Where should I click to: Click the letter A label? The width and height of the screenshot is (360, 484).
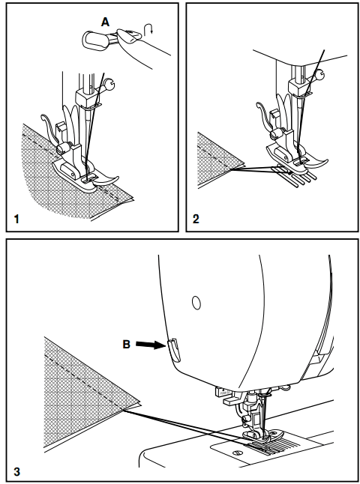pyautogui.click(x=105, y=22)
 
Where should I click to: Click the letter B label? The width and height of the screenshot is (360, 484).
pyautogui.click(x=127, y=344)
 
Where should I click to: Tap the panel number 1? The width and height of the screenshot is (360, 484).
pyautogui.click(x=16, y=220)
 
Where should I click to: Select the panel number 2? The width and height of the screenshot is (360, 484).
pyautogui.click(x=196, y=220)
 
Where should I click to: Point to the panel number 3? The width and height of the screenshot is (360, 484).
pyautogui.click(x=16, y=472)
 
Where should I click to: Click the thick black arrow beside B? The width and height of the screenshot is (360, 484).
pyautogui.click(x=150, y=345)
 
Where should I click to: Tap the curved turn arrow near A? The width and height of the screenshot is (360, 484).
pyautogui.click(x=148, y=30)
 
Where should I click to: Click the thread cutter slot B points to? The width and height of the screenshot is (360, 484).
pyautogui.click(x=175, y=350)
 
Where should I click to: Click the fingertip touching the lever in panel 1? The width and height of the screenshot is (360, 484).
pyautogui.click(x=127, y=36)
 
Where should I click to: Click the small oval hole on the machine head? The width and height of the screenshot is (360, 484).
pyautogui.click(x=196, y=303)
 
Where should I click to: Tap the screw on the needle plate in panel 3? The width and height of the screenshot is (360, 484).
pyautogui.click(x=237, y=453)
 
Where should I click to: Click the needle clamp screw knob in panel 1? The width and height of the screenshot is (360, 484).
pyautogui.click(x=109, y=84)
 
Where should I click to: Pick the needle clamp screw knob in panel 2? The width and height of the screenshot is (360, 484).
pyautogui.click(x=319, y=74)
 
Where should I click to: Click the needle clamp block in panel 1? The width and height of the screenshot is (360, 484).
pyautogui.click(x=85, y=98)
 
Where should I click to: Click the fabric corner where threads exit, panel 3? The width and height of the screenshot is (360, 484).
pyautogui.click(x=123, y=410)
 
